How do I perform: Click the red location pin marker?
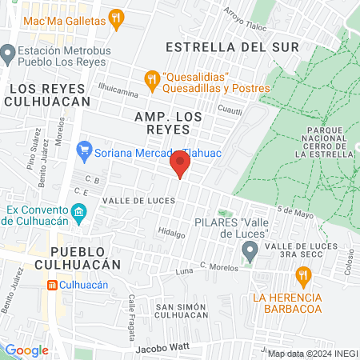pyautogui.click(x=179, y=166)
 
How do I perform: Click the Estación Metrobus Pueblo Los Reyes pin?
pyautogui.click(x=9, y=54)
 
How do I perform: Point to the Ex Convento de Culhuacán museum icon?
pyautogui.click(x=78, y=212)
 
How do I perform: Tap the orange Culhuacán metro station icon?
pyautogui.click(x=52, y=284)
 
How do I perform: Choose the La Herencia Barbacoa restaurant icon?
pyautogui.click(x=302, y=277)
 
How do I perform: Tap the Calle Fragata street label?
pyautogui.click(x=134, y=309)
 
